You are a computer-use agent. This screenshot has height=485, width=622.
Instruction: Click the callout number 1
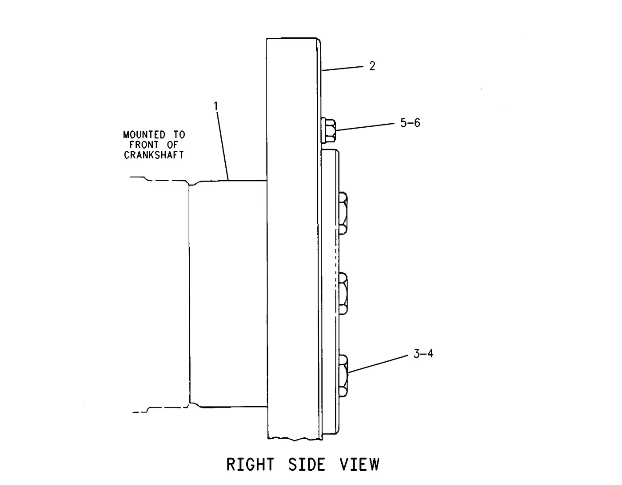click(x=216, y=106)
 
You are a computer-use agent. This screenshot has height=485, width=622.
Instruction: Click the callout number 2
click(x=372, y=66)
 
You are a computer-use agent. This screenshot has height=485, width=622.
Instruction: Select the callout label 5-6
click(x=410, y=123)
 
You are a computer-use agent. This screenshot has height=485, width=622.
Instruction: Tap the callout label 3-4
click(x=423, y=353)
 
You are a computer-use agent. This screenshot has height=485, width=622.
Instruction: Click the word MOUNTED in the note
click(x=144, y=134)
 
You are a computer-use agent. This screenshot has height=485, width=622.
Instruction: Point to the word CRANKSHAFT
click(x=154, y=155)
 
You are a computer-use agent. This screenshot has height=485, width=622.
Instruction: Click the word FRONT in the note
click(x=144, y=145)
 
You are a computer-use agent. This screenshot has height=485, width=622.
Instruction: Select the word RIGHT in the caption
click(x=250, y=465)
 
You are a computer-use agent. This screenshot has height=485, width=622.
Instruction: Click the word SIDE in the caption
click(x=307, y=465)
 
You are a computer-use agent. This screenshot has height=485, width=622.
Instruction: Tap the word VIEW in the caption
click(x=359, y=465)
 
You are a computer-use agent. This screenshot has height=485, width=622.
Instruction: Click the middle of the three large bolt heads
click(x=343, y=294)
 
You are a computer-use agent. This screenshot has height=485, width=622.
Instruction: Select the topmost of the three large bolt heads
click(x=343, y=213)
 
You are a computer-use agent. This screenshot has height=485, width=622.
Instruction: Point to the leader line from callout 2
click(x=343, y=68)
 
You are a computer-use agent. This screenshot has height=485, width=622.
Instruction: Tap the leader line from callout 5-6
click(x=365, y=127)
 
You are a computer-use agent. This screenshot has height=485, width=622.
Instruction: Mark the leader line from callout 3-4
click(x=378, y=364)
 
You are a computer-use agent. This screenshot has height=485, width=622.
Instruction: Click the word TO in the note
click(x=179, y=134)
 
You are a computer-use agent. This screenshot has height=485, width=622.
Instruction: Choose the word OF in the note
click(x=172, y=145)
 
